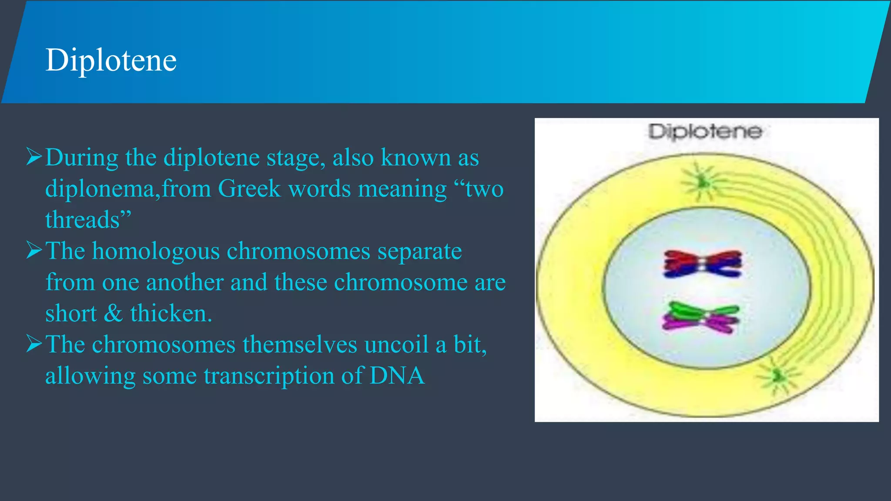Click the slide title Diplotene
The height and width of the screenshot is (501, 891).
pos(111,60)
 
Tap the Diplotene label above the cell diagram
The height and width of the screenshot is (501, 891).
pos(705,131)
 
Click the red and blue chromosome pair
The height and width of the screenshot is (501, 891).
pos(702,264)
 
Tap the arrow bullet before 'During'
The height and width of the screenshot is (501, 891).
pos(34,157)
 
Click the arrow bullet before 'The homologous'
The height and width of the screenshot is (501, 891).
pos(34,250)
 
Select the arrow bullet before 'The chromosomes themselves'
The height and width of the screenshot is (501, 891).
pos(34,344)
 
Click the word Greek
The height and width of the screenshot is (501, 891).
pos(249,189)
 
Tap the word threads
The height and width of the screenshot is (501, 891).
pos(83,220)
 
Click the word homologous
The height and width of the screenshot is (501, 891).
pos(156,252)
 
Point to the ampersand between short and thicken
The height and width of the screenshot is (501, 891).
pos(114,314)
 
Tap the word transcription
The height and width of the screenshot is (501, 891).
pos(269,376)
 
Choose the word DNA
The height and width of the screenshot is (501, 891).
pos(397,375)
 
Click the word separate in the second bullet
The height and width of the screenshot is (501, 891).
pos(419,252)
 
